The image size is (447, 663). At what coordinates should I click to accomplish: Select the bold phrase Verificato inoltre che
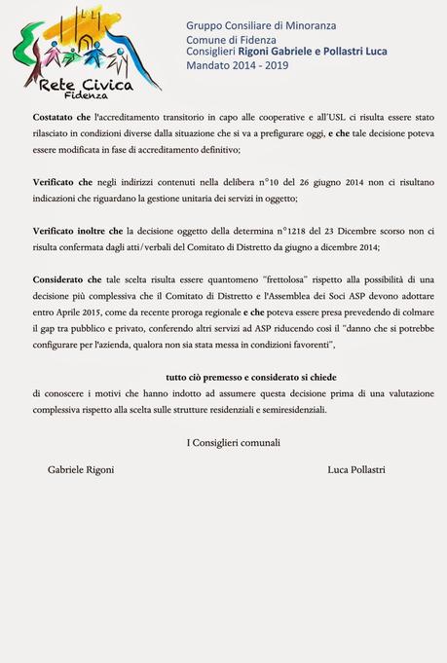(x=77, y=231)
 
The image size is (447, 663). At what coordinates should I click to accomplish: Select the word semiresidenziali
(x=295, y=410)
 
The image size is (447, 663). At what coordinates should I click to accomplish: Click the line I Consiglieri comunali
(x=233, y=443)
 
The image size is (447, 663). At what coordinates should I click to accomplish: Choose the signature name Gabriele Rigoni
(x=81, y=469)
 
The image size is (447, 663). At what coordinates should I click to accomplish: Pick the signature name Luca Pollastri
(x=356, y=469)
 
